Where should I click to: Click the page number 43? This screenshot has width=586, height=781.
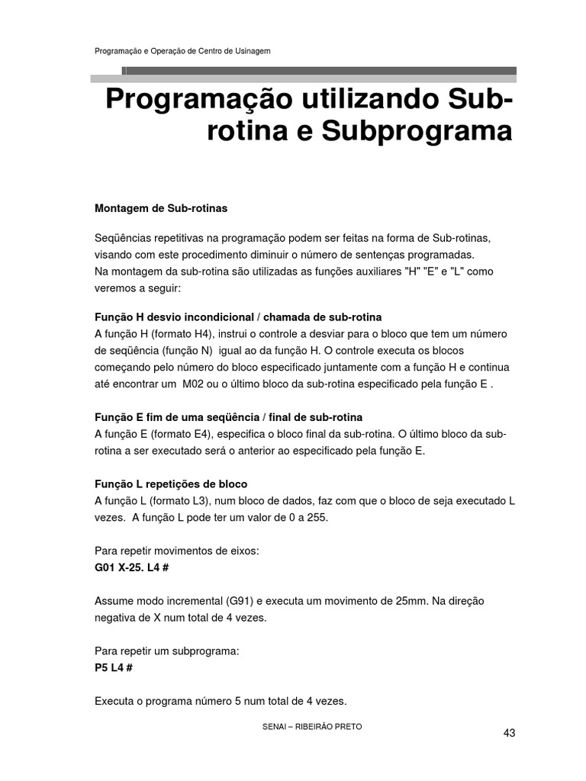click(510, 733)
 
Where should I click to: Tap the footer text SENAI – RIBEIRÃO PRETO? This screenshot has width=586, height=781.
click(312, 727)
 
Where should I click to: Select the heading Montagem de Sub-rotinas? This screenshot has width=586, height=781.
click(160, 207)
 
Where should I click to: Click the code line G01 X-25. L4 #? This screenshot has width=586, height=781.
click(136, 568)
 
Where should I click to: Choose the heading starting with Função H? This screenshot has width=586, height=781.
click(238, 317)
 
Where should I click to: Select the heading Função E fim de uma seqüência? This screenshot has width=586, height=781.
click(228, 417)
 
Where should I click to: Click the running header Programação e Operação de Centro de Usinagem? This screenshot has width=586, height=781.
click(182, 51)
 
